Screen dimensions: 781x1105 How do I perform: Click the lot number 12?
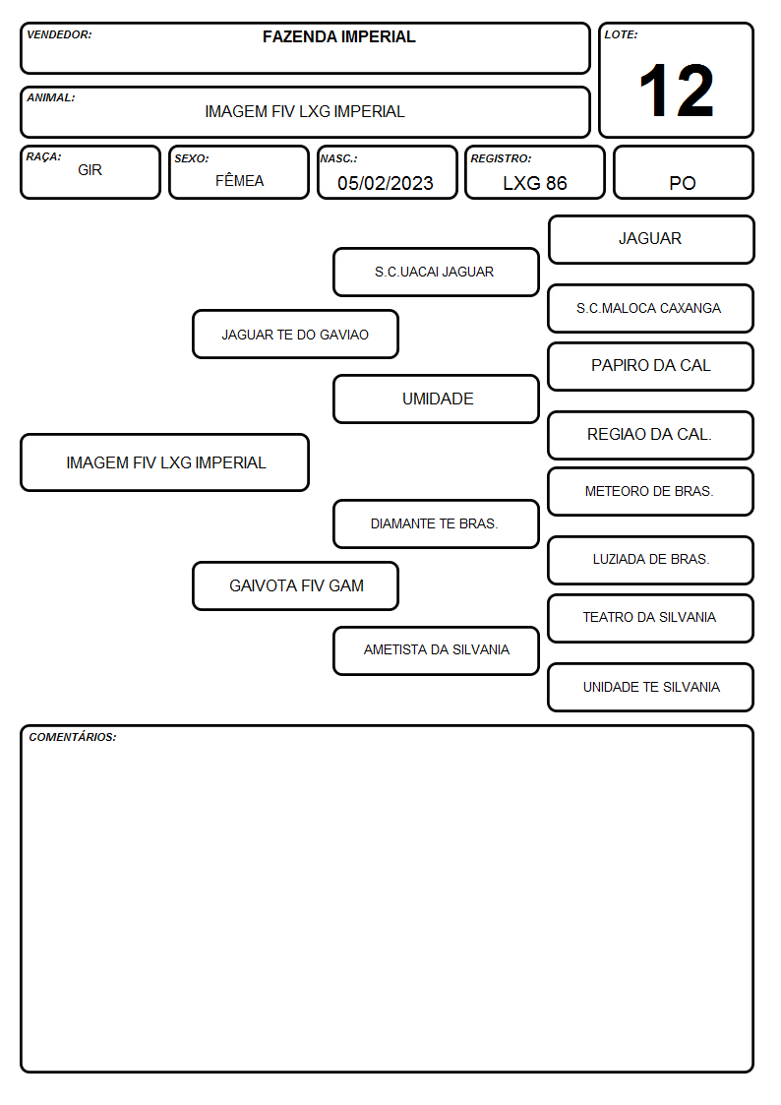[x=676, y=91]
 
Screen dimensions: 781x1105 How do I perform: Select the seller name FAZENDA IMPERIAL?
[x=338, y=36]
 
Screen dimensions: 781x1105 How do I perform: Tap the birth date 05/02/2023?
[x=386, y=183]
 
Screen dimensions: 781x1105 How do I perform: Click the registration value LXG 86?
[x=534, y=183]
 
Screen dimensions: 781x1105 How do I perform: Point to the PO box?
[x=683, y=172]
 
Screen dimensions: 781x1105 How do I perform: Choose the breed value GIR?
[x=90, y=170]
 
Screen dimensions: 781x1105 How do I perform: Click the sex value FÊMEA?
[x=239, y=180]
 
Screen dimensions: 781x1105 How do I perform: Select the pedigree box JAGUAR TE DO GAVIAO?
[x=295, y=334]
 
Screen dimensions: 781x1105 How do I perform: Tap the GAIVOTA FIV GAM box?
[x=295, y=585]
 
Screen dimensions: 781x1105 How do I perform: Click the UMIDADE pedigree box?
[x=436, y=399]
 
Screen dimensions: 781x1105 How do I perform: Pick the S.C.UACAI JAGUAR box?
[x=436, y=272]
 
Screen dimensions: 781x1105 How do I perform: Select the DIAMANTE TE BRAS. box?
[x=436, y=523]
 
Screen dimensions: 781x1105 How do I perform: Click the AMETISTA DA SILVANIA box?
[x=436, y=650]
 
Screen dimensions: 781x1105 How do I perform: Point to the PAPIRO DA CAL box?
[x=651, y=366]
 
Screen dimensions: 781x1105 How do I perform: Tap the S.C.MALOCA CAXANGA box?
[x=651, y=308]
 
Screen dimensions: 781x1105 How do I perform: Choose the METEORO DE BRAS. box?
[x=651, y=491]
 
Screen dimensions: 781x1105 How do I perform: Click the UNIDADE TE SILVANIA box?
[x=651, y=687]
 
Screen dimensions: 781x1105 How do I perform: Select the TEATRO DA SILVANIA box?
[x=651, y=618]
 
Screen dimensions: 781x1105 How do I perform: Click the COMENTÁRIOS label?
[x=73, y=737]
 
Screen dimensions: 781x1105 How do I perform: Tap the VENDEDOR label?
[x=59, y=34]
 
